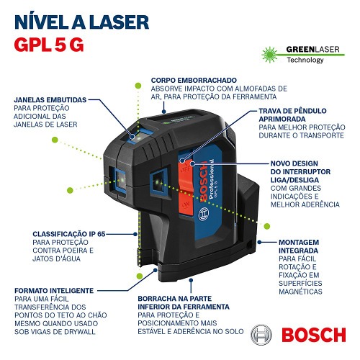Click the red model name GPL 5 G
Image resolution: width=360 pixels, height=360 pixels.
point(48,43)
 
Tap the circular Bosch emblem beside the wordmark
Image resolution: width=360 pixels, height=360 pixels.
point(264,334)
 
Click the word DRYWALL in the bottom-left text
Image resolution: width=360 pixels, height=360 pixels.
point(78,335)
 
